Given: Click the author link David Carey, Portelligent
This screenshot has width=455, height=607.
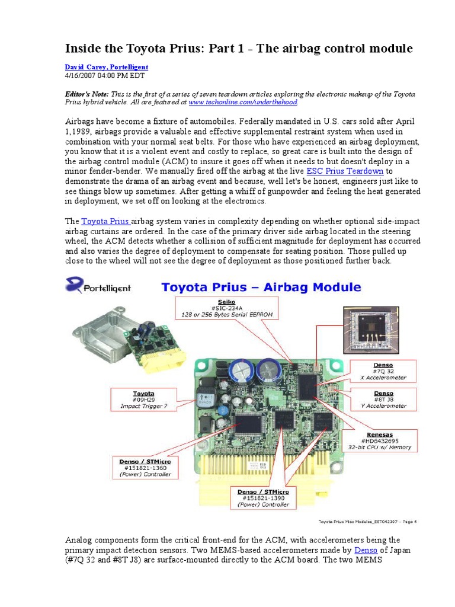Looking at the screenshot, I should [x=106, y=68].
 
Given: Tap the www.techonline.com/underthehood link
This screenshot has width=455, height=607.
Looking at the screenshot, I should [x=230, y=103].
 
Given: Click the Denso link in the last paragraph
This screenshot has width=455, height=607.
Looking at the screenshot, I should [x=366, y=551].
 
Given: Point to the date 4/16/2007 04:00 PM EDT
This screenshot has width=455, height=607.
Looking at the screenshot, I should [x=104, y=76].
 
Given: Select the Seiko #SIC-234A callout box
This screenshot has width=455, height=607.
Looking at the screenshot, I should [x=236, y=306].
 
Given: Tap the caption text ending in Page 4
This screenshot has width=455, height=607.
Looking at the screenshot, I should [x=368, y=522].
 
